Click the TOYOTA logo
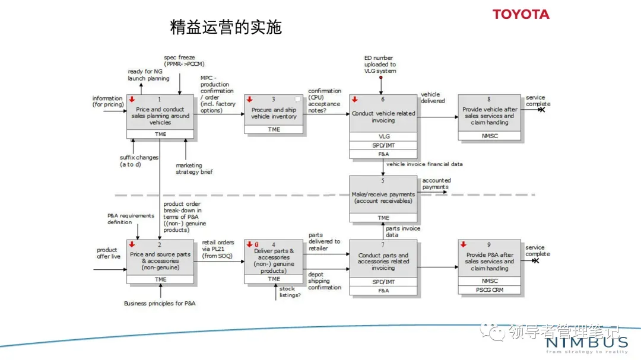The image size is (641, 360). [x=521, y=14]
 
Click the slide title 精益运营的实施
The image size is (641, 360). [x=226, y=27]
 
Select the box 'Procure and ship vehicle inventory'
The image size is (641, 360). [x=274, y=113]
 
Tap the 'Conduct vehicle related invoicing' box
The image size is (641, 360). [x=383, y=116]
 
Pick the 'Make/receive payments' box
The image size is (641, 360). [x=383, y=197]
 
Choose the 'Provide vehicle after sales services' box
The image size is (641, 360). [x=490, y=116]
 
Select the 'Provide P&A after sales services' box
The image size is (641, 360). [x=490, y=261]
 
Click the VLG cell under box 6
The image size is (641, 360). [x=383, y=136]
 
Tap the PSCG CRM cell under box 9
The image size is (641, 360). [x=490, y=290]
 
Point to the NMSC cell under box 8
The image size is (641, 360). [x=490, y=136]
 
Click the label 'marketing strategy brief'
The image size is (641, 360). [x=194, y=169]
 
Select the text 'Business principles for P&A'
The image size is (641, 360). [x=160, y=303]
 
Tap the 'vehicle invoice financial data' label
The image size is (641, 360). [x=424, y=164]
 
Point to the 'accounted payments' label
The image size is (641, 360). [x=436, y=183]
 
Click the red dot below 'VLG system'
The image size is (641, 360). [x=380, y=78]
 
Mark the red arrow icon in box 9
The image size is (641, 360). [x=463, y=244]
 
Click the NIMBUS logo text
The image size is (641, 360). [x=586, y=342]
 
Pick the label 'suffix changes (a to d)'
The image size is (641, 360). [x=139, y=161]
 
